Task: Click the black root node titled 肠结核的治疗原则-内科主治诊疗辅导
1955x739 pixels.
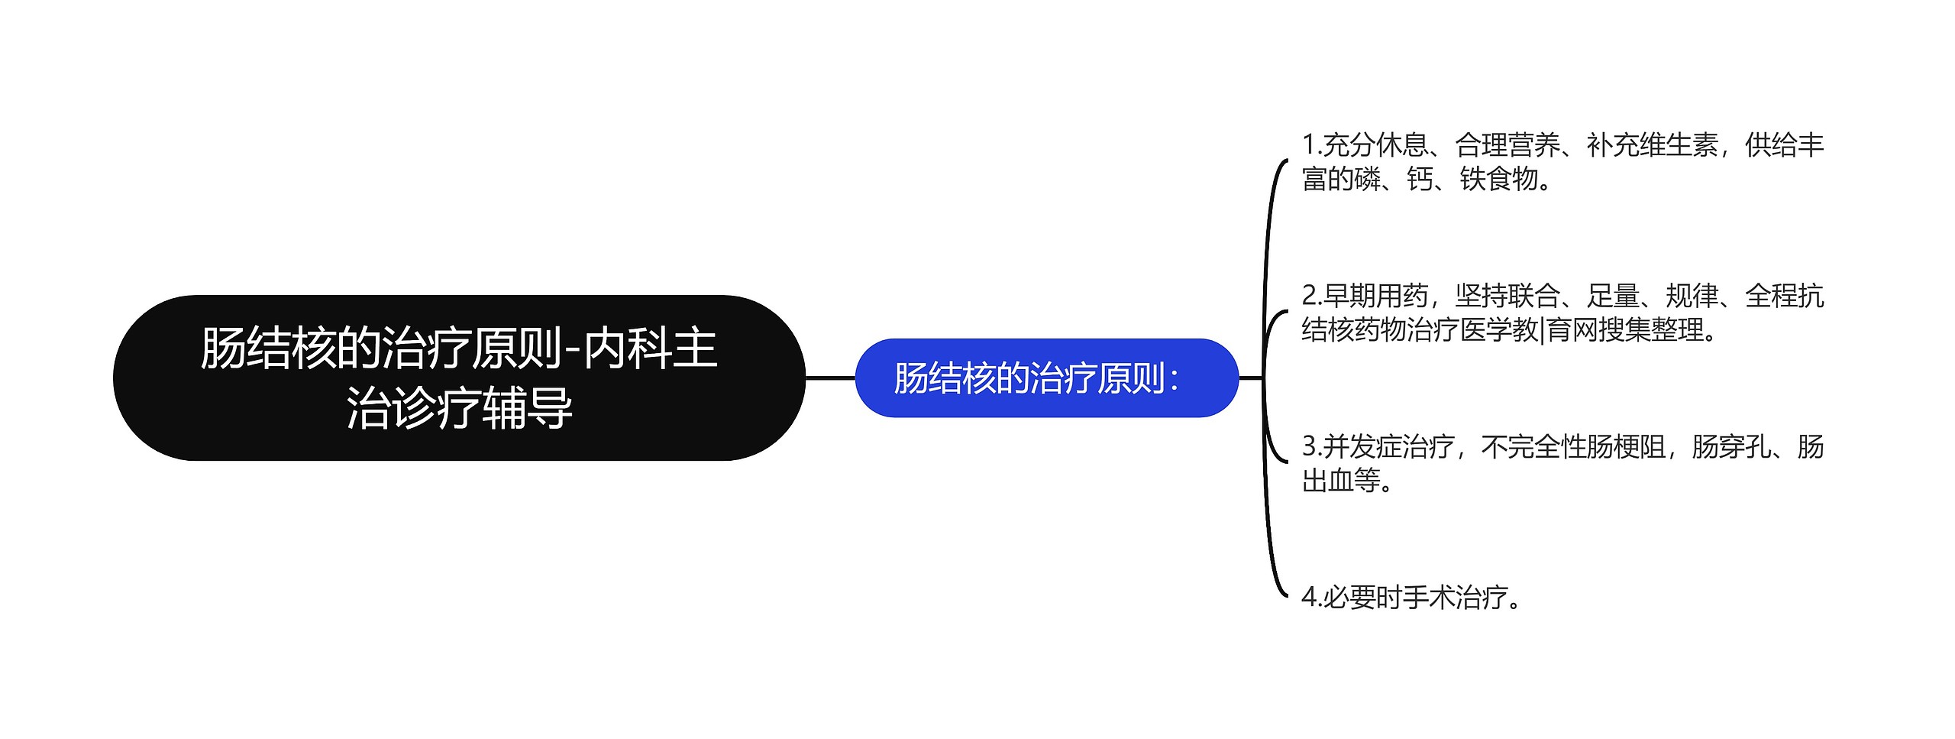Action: pyautogui.click(x=458, y=378)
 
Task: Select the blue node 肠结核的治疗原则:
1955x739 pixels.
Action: pyautogui.click(x=1045, y=378)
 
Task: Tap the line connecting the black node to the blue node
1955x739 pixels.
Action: pyautogui.click(x=830, y=378)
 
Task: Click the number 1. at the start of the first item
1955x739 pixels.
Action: pyautogui.click(x=1311, y=144)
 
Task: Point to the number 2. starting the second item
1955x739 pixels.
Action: pyautogui.click(x=1311, y=296)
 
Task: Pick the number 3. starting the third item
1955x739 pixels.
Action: pyautogui.click(x=1311, y=446)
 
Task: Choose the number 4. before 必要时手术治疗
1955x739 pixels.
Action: pyautogui.click(x=1311, y=597)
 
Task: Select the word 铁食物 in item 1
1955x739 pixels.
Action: pyautogui.click(x=1498, y=180)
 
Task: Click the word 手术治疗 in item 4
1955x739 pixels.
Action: pyautogui.click(x=1455, y=597)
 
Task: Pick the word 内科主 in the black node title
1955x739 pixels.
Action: pyautogui.click(x=651, y=348)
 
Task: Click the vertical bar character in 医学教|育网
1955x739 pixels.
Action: pyautogui.click(x=1543, y=331)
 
